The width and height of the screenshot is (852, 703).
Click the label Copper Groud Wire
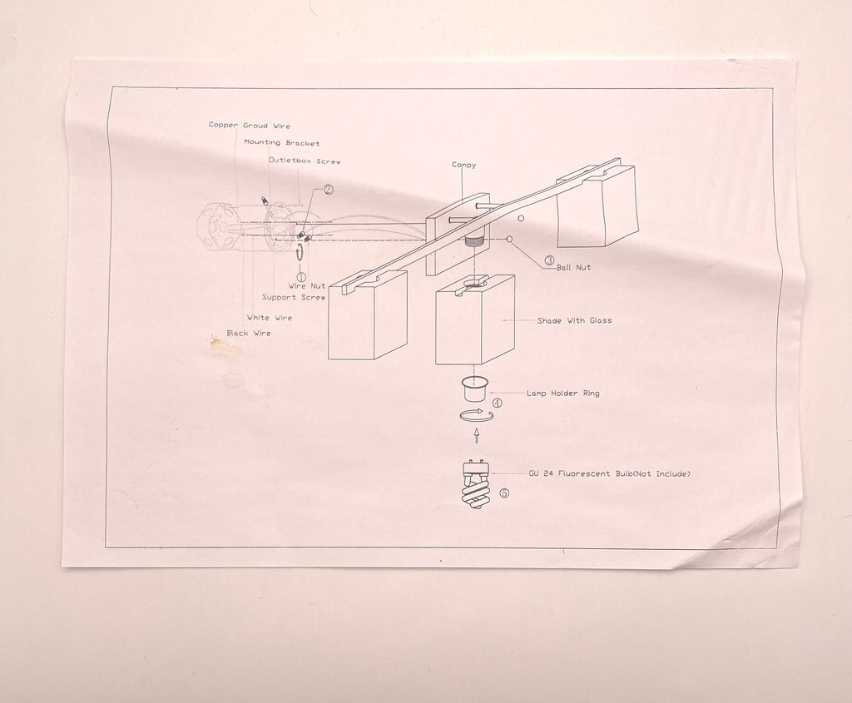[x=250, y=125]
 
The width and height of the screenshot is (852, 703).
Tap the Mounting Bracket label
[x=282, y=143]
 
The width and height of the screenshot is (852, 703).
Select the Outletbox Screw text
[x=305, y=161]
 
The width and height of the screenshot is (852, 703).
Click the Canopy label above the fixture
[x=464, y=166]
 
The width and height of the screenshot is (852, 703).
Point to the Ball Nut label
[x=574, y=267]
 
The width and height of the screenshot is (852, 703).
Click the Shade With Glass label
[x=574, y=320]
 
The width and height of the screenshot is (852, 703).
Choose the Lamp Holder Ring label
[x=563, y=394]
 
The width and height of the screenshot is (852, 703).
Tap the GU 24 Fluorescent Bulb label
[x=610, y=473]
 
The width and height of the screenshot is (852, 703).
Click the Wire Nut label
[x=307, y=285]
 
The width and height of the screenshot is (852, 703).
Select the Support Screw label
[x=294, y=297]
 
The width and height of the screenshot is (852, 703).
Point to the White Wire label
[x=270, y=318]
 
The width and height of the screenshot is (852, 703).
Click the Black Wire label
[x=248, y=333]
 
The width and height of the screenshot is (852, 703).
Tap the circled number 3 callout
[x=549, y=260]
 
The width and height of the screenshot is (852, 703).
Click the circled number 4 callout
[x=498, y=403]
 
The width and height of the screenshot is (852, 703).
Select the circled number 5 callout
[x=504, y=493]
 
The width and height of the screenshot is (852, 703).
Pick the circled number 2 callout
[x=329, y=190]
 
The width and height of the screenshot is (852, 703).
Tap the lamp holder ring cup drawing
[x=475, y=388]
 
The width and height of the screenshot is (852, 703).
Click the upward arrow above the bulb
[x=477, y=434]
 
